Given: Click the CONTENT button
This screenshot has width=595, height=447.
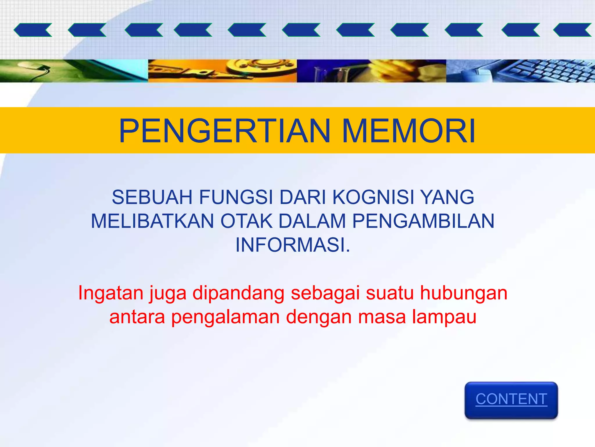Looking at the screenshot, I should point(511,400).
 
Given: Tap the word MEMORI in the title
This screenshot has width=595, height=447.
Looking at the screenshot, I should point(409,131).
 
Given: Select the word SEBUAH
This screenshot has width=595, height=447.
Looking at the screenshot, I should point(152,197).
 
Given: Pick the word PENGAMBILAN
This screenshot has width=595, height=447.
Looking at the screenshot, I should point(423,221).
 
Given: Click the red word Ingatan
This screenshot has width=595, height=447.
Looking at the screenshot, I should point(110,293).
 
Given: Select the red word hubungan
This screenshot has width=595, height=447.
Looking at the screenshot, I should point(464,293).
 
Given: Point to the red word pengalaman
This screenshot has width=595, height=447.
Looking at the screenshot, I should point(225,317).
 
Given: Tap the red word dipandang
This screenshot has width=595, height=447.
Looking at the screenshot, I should point(238,293).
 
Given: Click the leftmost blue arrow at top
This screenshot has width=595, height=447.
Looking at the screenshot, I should point(33,30).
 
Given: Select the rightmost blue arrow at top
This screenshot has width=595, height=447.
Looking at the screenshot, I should point(572,30).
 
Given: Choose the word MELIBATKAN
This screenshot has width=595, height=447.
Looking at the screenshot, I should point(153,221).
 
